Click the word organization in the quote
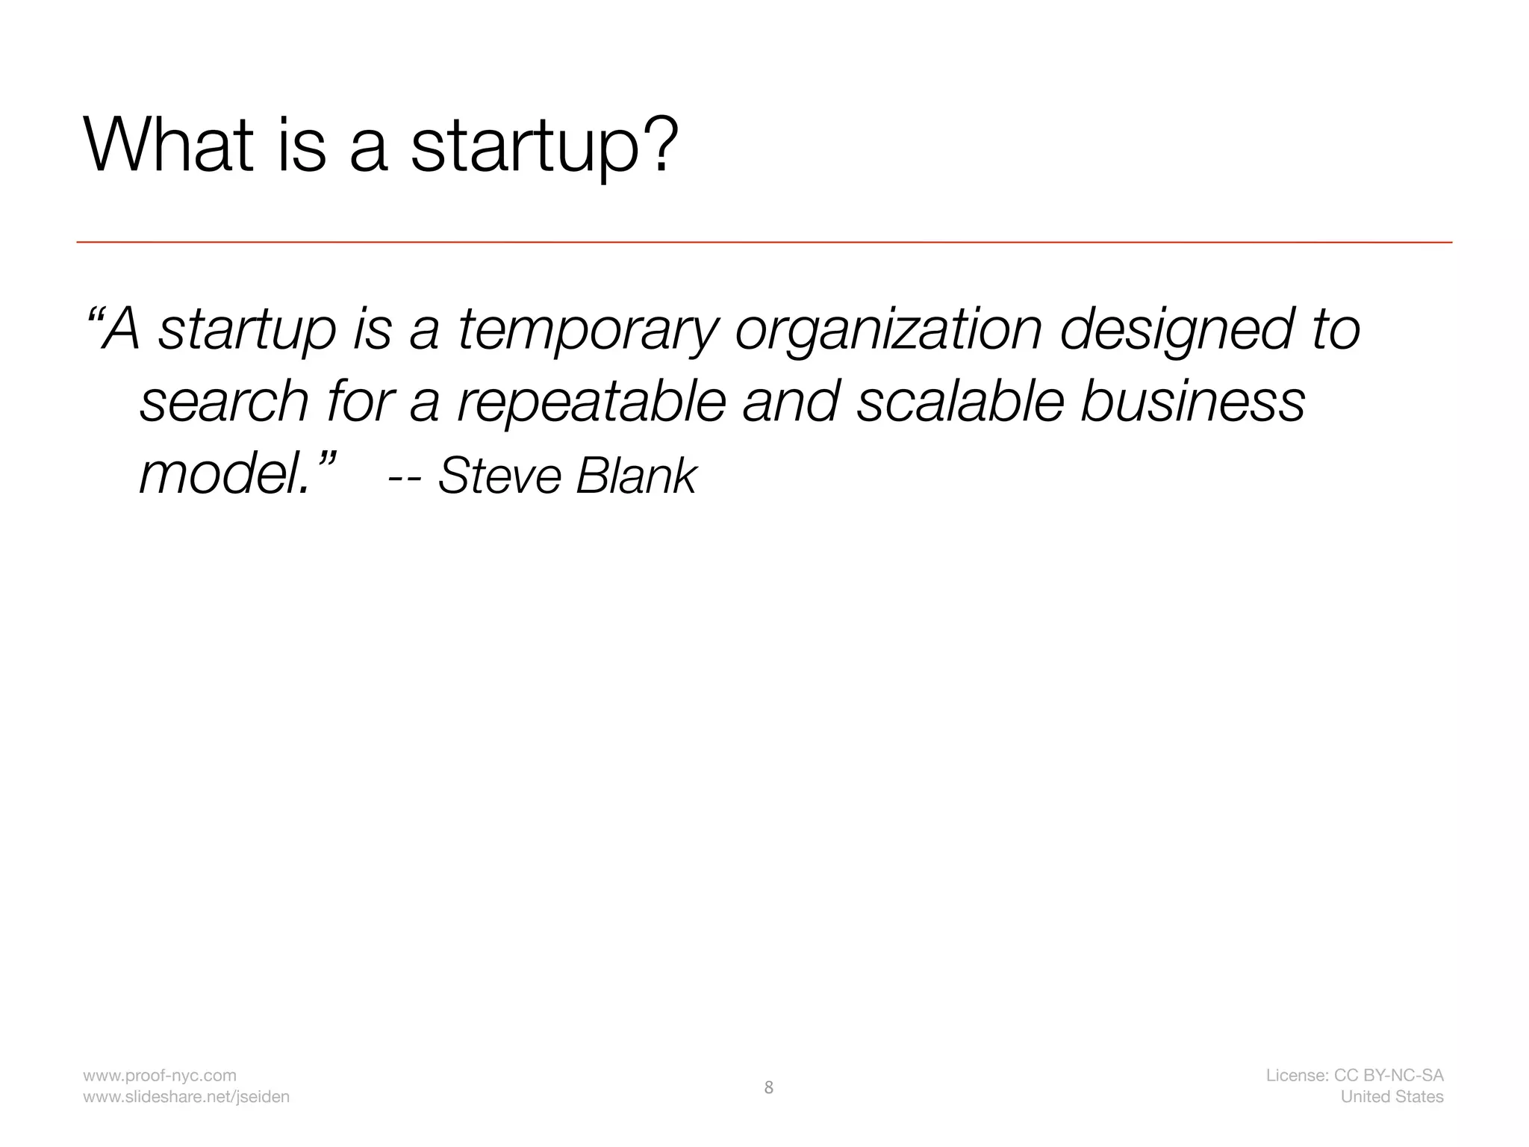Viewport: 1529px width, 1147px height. (x=888, y=330)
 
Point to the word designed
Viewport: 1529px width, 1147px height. (x=1176, y=330)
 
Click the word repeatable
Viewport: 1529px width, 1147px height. (x=591, y=402)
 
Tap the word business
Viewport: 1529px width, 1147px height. (x=1192, y=402)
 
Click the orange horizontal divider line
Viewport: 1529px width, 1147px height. (x=764, y=242)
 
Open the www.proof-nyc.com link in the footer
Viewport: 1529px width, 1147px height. (x=160, y=1075)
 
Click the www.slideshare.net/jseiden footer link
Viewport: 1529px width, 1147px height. (x=186, y=1096)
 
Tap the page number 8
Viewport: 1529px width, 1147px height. (x=768, y=1087)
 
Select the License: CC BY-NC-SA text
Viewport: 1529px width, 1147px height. (x=1354, y=1075)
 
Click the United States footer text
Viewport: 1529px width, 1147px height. (x=1392, y=1096)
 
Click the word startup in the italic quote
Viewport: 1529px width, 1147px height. (x=247, y=330)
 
